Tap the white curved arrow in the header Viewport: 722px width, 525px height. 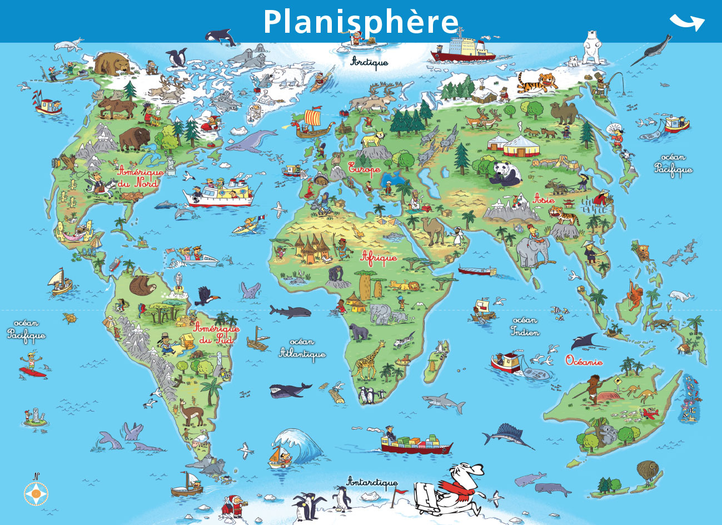point(687,22)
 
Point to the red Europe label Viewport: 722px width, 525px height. point(365,168)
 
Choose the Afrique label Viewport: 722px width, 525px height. point(379,257)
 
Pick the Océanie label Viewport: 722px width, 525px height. point(584,361)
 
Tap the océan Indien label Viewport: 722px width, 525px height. point(525,327)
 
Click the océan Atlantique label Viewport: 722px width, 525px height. point(302,348)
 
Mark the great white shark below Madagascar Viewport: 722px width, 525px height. point(443,401)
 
